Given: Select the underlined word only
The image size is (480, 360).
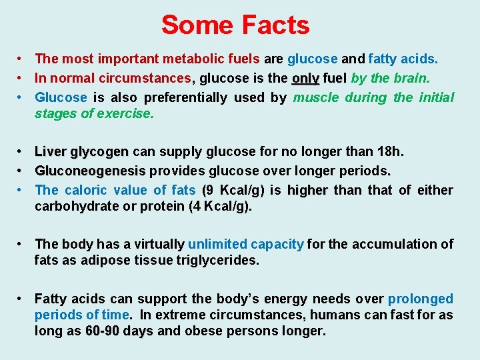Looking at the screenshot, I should pos(305,78).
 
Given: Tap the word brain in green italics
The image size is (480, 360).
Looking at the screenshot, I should pos(409,78).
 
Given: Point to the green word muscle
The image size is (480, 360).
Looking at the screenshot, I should pos(315,97).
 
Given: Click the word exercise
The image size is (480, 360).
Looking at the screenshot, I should pos(125,113).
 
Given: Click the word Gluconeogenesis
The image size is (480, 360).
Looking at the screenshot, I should pos(90,171).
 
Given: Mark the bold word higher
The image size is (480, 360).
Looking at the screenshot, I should pos(307,190).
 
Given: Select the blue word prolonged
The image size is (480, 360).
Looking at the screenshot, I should pos(420,299).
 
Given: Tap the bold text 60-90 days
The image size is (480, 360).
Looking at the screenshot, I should pos(119,331).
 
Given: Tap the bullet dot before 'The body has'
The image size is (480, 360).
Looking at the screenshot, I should pos(22,244).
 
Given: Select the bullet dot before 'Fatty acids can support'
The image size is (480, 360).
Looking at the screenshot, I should pos(22,299).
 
